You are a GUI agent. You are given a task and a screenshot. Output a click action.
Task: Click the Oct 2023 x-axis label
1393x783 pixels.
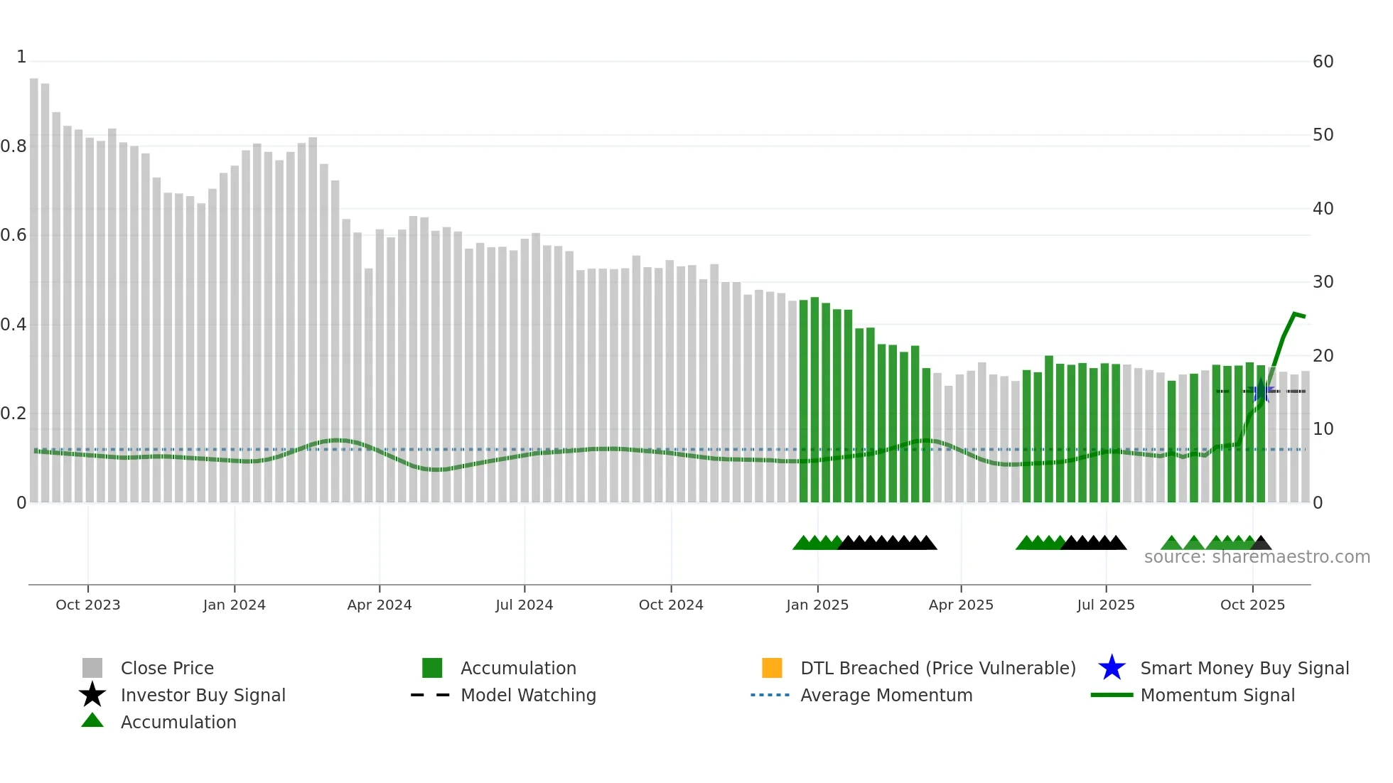87,605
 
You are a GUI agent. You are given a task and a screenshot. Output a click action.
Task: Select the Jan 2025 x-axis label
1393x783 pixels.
817,605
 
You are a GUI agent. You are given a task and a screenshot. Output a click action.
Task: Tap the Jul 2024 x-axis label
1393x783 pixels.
524,605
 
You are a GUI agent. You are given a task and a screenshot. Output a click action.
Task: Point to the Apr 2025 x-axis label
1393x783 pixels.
961,605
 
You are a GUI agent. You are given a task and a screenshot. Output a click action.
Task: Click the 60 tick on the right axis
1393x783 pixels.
1323,62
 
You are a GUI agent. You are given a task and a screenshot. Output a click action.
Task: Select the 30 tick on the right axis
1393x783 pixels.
1323,282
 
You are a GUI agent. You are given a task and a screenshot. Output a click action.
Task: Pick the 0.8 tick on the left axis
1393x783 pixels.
14,146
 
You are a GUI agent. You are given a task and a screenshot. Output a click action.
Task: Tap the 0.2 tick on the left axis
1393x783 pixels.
14,414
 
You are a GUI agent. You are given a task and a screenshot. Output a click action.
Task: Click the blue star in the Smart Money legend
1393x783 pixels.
1112,668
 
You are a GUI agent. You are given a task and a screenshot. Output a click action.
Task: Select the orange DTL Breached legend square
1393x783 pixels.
772,668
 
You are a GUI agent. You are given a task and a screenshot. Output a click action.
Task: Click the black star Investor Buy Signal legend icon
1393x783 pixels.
92,695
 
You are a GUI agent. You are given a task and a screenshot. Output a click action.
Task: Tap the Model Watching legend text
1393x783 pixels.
528,695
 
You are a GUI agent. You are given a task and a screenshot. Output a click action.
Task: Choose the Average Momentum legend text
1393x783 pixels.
886,695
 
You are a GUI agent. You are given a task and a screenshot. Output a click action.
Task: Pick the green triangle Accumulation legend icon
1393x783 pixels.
92,720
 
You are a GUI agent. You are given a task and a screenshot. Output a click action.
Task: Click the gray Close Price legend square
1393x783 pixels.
92,668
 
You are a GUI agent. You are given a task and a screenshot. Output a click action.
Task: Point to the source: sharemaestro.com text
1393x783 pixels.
1257,557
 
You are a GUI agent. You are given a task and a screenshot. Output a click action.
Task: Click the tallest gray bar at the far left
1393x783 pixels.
34,284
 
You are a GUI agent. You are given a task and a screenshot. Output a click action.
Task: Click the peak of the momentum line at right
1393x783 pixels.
1295,313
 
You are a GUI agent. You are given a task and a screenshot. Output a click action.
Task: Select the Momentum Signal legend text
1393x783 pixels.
1217,695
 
